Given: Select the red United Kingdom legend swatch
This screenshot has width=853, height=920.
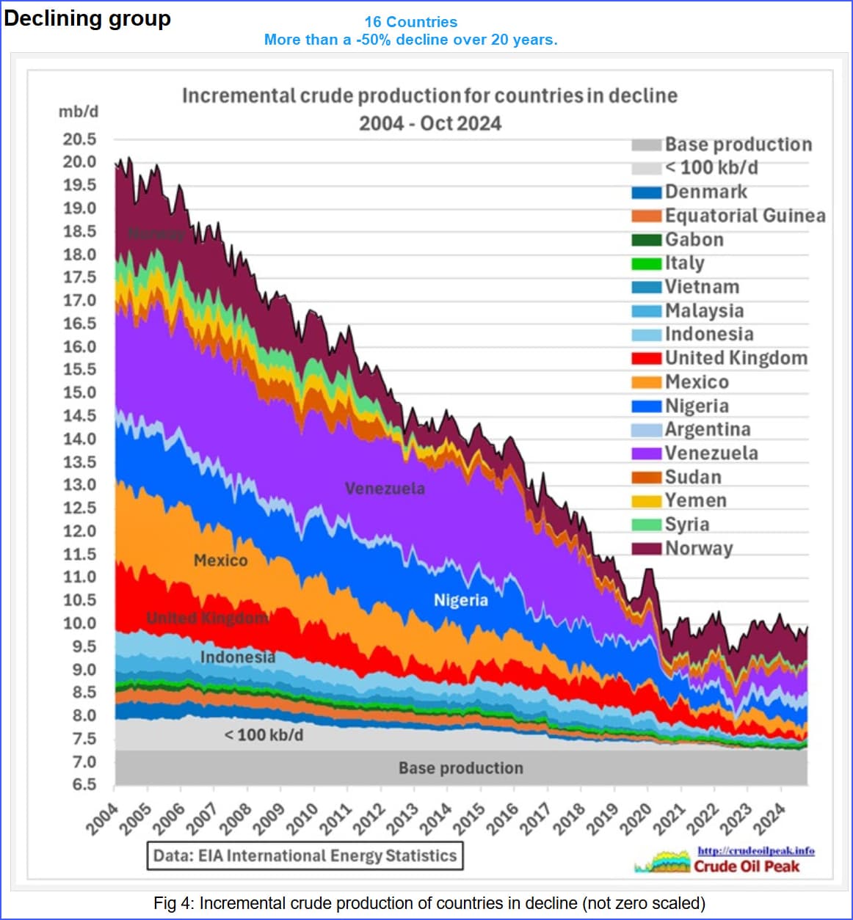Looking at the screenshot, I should coord(646,359).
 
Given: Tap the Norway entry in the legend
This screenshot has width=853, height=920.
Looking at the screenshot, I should coord(698,549).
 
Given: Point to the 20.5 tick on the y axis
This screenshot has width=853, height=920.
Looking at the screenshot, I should coord(79,139).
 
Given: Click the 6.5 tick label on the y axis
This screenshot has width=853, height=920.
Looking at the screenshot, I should coord(84,785).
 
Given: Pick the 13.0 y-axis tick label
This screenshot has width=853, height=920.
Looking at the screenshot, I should coord(79,485).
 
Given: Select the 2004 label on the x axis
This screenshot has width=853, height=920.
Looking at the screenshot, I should coord(101,819).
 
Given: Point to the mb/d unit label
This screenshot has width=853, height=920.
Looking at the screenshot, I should coord(79,112).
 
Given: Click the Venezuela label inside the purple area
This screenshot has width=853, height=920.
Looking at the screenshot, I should coord(385,489).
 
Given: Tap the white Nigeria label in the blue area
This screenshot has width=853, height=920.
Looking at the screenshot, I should coord(460,601).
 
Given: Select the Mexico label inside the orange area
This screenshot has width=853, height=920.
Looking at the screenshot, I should coord(220,561).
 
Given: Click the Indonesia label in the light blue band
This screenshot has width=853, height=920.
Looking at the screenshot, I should coord(238,657).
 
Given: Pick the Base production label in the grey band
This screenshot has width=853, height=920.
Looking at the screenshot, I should coord(461,768).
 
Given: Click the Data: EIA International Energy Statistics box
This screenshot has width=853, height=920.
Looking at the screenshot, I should coord(305,855).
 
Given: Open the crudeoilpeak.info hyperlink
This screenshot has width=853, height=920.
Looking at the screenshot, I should coord(755,851).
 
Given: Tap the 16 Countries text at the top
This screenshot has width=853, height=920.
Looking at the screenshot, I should coord(410,22).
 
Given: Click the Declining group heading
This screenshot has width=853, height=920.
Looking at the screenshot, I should coord(87,18).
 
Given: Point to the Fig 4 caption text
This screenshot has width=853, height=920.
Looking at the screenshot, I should coord(429,903).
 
